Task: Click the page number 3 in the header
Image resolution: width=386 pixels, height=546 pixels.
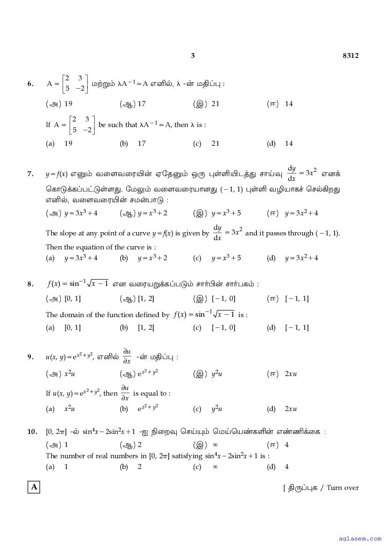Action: tap(193, 56)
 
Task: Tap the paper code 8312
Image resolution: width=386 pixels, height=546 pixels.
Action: tap(350, 56)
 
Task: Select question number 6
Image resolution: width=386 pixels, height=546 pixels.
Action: tap(30, 84)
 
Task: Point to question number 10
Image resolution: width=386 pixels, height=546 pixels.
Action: tap(32, 432)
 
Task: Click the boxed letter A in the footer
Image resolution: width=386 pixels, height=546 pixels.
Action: tap(34, 487)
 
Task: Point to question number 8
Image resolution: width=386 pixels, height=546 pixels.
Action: tap(30, 284)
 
